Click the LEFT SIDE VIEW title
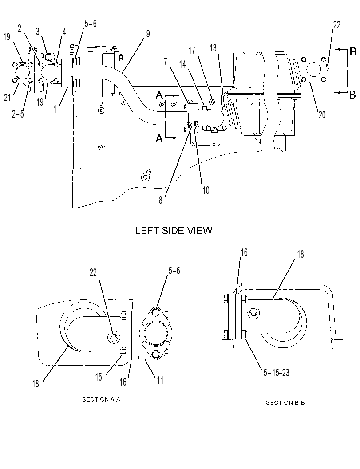pyautogui.click(x=174, y=230)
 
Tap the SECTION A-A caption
pyautogui.click(x=101, y=399)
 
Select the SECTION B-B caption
pyautogui.click(x=285, y=402)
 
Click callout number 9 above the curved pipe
pyautogui.click(x=148, y=34)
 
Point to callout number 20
pyautogui.click(x=322, y=114)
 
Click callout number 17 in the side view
pyautogui.click(x=191, y=51)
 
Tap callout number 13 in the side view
pyautogui.click(x=213, y=48)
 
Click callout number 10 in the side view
pyautogui.click(x=206, y=190)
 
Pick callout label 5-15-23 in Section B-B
pyautogui.click(x=276, y=373)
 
